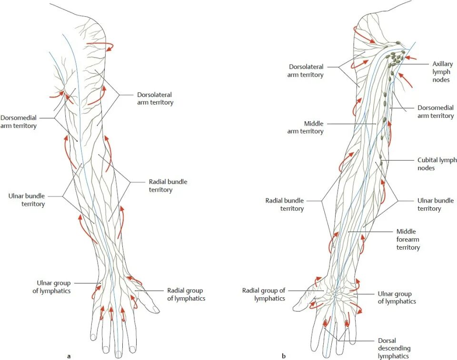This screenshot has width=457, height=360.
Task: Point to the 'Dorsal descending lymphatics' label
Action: pyautogui.click(x=393, y=348)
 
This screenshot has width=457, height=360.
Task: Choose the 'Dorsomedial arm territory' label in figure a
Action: pyautogui.click(x=19, y=122)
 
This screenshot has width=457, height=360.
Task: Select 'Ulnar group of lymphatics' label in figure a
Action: pyautogui.click(x=51, y=287)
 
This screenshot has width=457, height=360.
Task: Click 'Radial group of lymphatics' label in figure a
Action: pyautogui.click(x=186, y=294)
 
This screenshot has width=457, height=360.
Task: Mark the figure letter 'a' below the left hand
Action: pyautogui.click(x=69, y=356)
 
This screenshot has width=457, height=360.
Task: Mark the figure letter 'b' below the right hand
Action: pyautogui.click(x=284, y=356)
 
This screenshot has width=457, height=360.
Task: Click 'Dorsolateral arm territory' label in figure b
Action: pyautogui.click(x=306, y=71)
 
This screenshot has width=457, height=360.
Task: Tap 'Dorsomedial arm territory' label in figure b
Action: pyautogui.click(x=436, y=112)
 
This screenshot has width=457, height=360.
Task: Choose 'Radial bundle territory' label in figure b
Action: pyautogui.click(x=284, y=204)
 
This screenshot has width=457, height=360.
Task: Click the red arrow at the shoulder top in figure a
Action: pyautogui.click(x=101, y=46)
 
